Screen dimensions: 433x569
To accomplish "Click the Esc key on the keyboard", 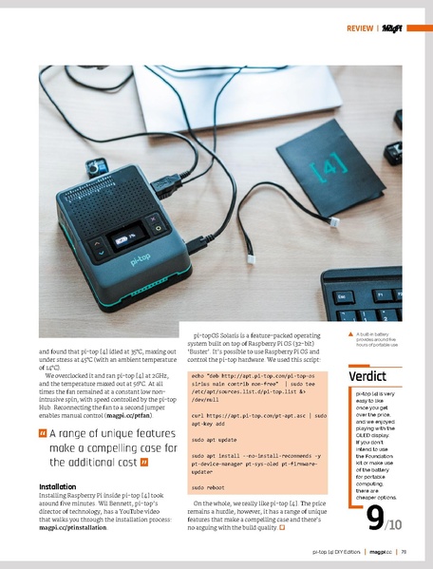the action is pos(341,296).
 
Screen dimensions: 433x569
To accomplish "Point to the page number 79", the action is pos(403,551).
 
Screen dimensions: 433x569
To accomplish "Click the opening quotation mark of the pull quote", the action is pos(42,435).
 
